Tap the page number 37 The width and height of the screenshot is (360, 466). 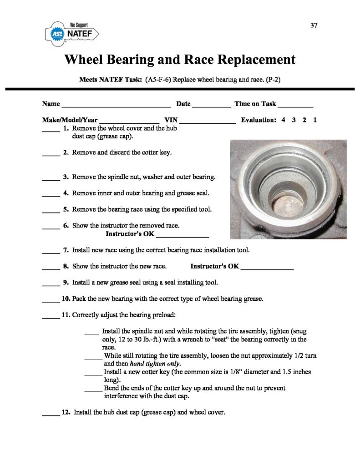pos(314,25)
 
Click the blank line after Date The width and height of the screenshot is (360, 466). pos(212,106)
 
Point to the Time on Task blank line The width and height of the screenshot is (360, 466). pos(295,106)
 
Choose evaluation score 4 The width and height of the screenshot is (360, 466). pos(284,121)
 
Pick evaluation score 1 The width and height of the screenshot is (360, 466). pos(315,121)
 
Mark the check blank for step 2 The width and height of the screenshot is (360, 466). pos(51,155)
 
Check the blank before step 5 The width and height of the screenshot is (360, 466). pos(51,212)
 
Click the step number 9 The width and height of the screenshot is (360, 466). pos(66,283)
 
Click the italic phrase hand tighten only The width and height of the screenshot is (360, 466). pos(155,364)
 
